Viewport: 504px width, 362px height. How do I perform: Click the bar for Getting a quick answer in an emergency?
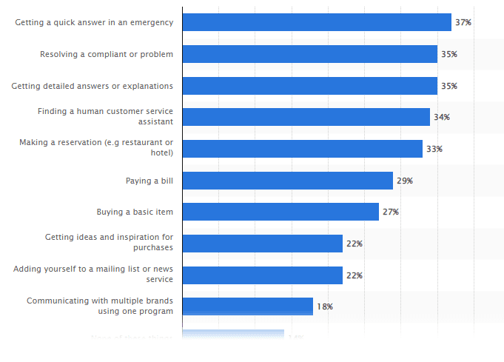(x=317, y=22)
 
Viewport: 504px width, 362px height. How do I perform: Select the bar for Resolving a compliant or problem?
(x=309, y=54)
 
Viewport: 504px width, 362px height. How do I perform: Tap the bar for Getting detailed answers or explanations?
(x=309, y=86)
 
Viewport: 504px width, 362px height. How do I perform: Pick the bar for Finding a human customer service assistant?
(x=306, y=117)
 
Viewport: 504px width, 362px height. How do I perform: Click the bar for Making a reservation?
(x=302, y=149)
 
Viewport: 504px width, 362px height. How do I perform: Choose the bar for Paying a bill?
(x=287, y=181)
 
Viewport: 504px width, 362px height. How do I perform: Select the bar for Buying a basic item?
(x=280, y=212)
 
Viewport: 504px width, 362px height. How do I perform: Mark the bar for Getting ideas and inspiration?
(x=262, y=244)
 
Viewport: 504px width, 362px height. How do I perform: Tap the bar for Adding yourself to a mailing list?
(x=262, y=275)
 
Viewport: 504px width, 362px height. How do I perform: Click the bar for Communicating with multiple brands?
(x=247, y=306)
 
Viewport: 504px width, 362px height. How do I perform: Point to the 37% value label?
(x=463, y=22)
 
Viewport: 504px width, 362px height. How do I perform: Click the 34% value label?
(x=442, y=117)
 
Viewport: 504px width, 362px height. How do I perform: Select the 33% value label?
(x=434, y=149)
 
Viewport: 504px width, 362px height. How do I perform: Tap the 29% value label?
(x=405, y=181)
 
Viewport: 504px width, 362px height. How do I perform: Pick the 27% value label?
(x=391, y=212)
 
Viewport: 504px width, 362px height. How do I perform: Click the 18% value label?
(x=325, y=306)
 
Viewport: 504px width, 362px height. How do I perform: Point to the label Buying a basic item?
(x=135, y=212)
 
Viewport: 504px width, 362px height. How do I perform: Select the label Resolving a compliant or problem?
(x=107, y=54)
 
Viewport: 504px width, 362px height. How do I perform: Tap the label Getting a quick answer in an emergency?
(x=94, y=22)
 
